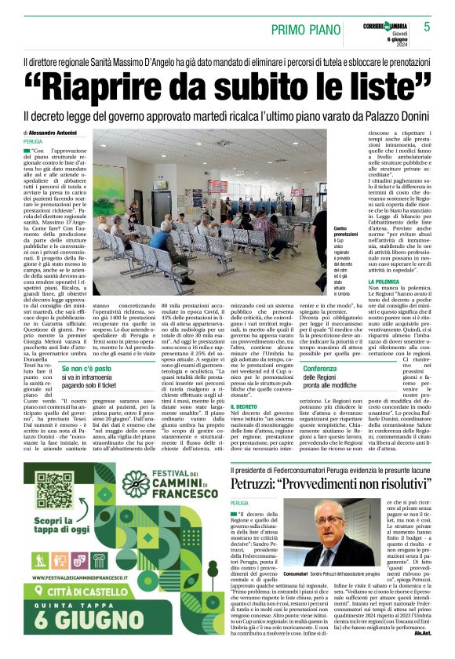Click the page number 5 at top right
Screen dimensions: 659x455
pyautogui.click(x=428, y=27)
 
